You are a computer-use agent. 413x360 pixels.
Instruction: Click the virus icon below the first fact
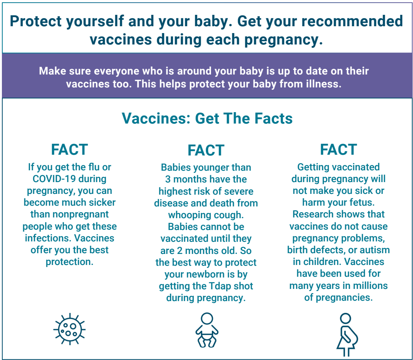point(69,329)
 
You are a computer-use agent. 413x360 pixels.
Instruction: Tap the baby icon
point(207,330)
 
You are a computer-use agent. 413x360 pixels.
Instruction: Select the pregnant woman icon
point(347,335)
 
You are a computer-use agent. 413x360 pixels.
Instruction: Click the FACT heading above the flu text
point(70,149)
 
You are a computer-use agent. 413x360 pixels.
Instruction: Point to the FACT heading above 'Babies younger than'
point(206,151)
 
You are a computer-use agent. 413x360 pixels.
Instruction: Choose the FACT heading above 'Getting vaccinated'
point(338,149)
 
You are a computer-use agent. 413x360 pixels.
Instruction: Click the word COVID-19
point(54,179)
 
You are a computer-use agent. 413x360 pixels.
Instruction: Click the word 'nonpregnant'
point(70,214)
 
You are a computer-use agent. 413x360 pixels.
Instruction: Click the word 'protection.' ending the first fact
point(70,262)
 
